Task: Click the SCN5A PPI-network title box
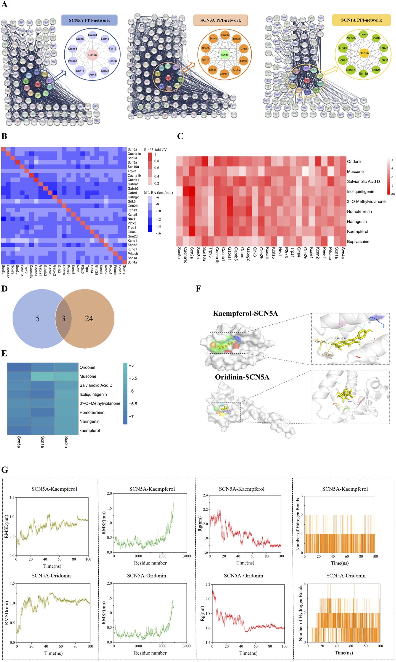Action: click(89, 20)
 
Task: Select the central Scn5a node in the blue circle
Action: click(93, 55)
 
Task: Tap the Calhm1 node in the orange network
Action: click(224, 74)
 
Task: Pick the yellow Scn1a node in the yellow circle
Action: click(364, 53)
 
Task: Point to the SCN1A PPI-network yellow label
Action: click(361, 20)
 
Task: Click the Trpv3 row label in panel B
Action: click(132, 171)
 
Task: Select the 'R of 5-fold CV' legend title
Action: click(155, 150)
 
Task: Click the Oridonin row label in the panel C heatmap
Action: click(355, 162)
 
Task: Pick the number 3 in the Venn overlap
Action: click(63, 319)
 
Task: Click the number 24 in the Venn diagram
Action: click(89, 319)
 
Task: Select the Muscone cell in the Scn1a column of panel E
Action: click(43, 376)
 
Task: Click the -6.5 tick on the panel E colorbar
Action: click(134, 404)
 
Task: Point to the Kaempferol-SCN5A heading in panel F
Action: click(245, 313)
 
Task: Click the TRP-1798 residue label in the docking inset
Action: click(340, 338)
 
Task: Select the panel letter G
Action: click(5, 470)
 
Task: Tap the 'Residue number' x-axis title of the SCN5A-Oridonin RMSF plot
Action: click(150, 653)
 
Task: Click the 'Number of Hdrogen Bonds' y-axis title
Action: click(298, 524)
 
